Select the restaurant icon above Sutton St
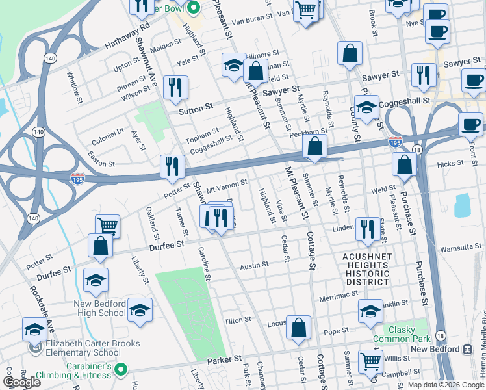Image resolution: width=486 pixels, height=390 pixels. click(175, 88)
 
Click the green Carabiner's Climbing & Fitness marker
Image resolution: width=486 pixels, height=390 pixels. click(119, 370)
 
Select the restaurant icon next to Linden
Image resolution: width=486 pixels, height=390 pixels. click(368, 228)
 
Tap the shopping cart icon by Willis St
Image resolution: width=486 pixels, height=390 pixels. click(370, 361)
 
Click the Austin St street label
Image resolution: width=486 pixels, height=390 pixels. click(254, 265)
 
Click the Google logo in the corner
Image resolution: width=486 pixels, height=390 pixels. click(21, 382)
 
